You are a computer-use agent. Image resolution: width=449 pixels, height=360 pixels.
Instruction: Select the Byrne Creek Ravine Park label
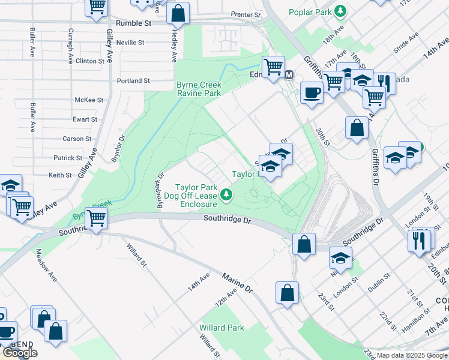[199, 89]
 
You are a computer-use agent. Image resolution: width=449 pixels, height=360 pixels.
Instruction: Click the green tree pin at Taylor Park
[226, 194]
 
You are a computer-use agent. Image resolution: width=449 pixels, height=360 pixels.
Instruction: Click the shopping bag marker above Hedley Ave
[178, 12]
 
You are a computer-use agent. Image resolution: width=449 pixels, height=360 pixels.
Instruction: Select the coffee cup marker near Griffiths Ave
[311, 93]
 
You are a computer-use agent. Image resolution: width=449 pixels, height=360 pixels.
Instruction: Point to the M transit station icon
[289, 75]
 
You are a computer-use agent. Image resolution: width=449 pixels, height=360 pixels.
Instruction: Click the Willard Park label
[221, 328]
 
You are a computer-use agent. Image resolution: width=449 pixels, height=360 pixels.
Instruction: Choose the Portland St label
[133, 80]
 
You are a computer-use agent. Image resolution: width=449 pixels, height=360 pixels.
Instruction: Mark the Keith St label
[60, 175]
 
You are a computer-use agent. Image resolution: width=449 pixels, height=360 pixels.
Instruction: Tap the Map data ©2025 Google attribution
[411, 356]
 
